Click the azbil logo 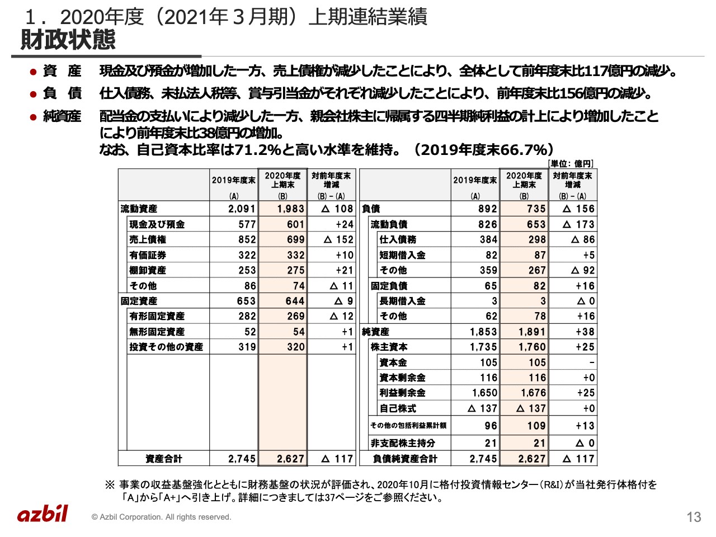[x=43, y=514]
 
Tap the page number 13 [x=694, y=517]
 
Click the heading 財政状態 [x=68, y=40]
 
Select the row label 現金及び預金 [x=157, y=224]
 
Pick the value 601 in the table [x=295, y=224]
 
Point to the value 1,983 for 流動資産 [x=291, y=209]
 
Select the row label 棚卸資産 [x=148, y=270]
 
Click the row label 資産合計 [x=163, y=459]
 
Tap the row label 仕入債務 [x=398, y=239]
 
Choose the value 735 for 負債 [x=536, y=209]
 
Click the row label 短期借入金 [x=402, y=255]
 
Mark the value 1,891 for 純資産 [x=532, y=332]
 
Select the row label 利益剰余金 [x=402, y=393]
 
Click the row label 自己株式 [x=398, y=408]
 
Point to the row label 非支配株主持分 [x=403, y=443]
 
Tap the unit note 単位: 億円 [x=571, y=163]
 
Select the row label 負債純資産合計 [x=405, y=459]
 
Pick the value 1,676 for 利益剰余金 [x=533, y=393]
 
